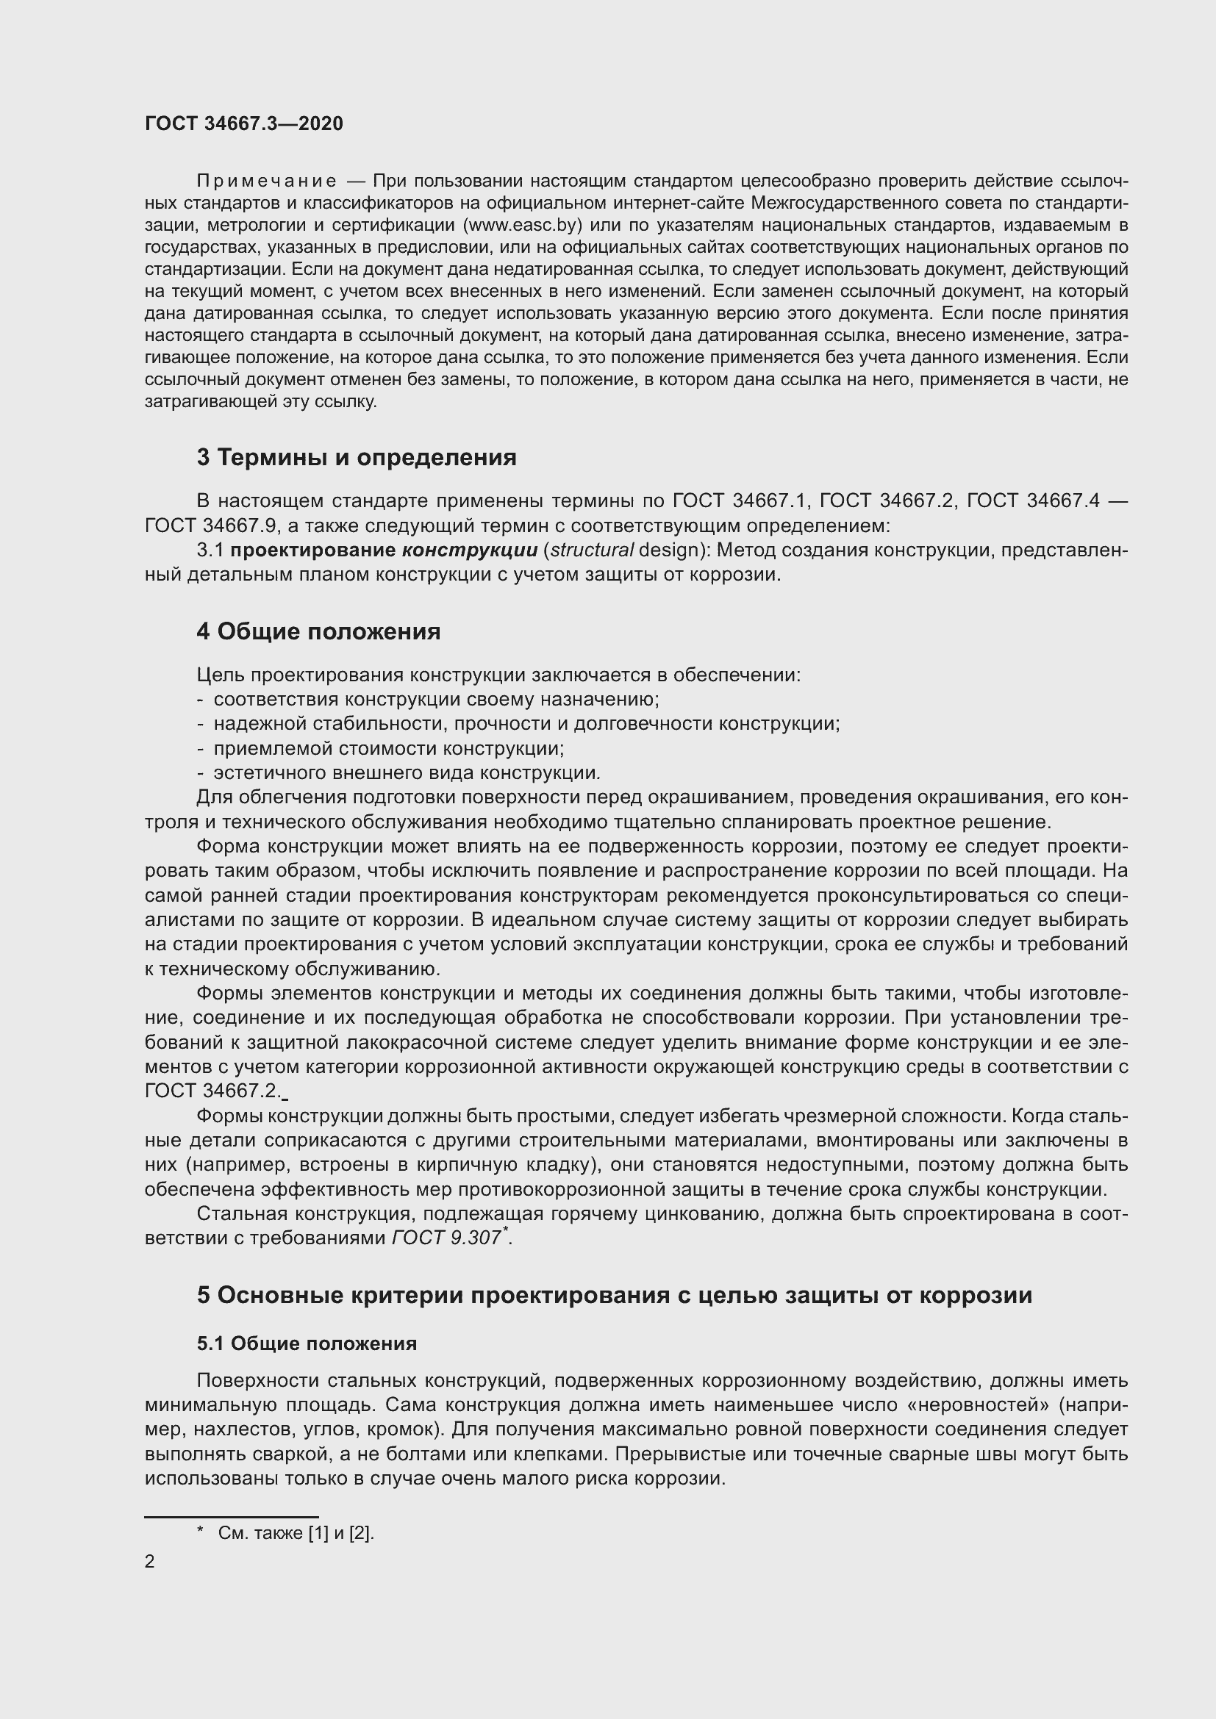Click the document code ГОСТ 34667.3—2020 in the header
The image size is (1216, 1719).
(x=244, y=123)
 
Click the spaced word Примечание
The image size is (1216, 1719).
(x=267, y=182)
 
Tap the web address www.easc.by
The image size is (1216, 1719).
(x=524, y=225)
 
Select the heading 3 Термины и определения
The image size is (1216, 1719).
(x=357, y=456)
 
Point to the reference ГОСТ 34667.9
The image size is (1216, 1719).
(x=190, y=525)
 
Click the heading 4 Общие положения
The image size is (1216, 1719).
(x=318, y=631)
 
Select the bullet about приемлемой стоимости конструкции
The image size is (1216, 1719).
(x=389, y=748)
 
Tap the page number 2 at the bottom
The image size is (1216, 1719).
(x=150, y=1562)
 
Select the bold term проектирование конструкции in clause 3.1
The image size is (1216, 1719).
(x=383, y=550)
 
